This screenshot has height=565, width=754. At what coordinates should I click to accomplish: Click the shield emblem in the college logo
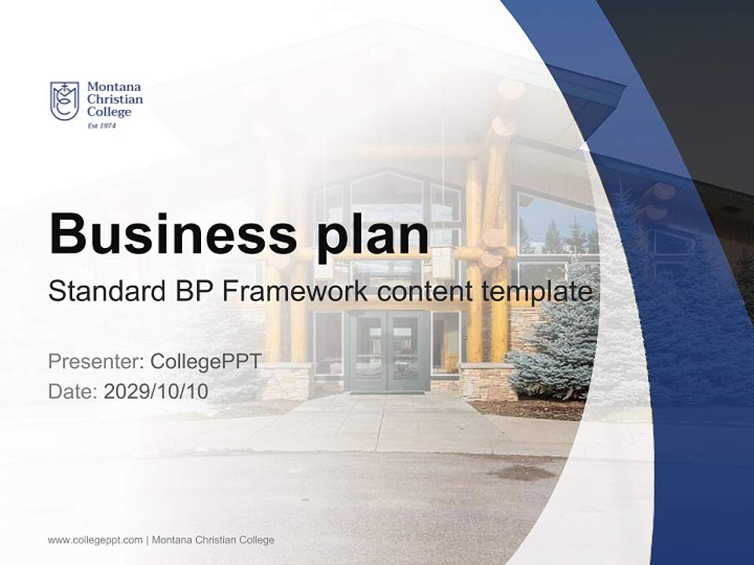[64, 100]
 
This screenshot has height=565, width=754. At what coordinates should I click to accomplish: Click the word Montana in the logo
[114, 87]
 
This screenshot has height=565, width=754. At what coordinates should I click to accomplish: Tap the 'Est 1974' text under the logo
[102, 126]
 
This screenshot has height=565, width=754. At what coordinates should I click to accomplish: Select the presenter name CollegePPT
[206, 362]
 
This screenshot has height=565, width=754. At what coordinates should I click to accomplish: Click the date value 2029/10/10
[156, 392]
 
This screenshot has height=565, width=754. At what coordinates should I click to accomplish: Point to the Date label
[73, 392]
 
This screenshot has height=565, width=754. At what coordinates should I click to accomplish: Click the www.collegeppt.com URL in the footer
[95, 540]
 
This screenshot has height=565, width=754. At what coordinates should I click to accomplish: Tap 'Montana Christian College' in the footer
[213, 540]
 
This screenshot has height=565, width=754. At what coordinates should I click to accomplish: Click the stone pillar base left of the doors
[287, 381]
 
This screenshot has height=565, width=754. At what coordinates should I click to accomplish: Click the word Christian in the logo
[115, 100]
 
